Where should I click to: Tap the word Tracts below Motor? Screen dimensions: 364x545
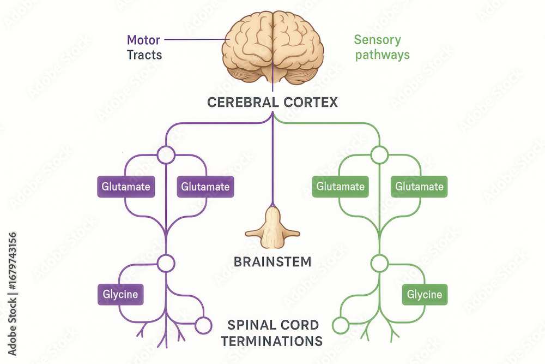click(x=144, y=55)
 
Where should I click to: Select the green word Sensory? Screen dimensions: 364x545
click(x=377, y=40)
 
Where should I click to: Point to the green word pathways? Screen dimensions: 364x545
click(x=381, y=55)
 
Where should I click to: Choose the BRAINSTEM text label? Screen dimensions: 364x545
click(x=272, y=262)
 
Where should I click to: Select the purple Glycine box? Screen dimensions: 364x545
click(x=120, y=295)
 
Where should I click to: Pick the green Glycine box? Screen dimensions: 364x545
click(x=425, y=295)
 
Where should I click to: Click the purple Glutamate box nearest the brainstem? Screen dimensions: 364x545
click(x=205, y=187)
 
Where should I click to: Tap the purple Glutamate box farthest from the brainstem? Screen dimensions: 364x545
click(x=125, y=187)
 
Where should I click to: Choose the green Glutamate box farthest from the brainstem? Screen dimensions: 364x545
click(x=420, y=187)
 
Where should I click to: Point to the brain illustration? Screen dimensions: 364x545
click(x=272, y=46)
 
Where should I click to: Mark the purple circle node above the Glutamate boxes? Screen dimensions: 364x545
click(x=166, y=155)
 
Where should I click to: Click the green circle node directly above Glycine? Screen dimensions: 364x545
click(x=379, y=263)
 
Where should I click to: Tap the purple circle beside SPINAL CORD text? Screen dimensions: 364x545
click(x=203, y=325)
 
